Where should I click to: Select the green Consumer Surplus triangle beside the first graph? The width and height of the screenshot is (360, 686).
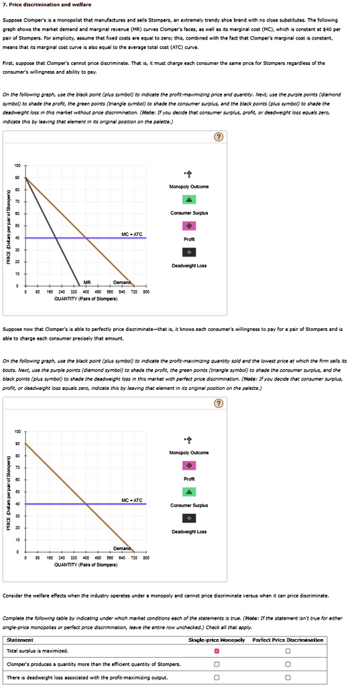190,200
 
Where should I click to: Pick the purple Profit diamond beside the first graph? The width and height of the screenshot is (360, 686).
190,226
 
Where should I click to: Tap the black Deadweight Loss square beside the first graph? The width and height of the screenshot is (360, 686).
190,252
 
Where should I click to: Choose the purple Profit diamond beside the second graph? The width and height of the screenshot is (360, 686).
190,466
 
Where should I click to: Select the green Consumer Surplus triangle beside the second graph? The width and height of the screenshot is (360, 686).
190,492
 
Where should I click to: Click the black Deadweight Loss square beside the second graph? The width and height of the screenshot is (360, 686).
190,518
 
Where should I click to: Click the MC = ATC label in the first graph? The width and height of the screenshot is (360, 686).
131,233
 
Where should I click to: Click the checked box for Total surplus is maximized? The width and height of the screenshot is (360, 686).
216,650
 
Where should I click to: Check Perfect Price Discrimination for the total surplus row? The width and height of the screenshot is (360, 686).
288,650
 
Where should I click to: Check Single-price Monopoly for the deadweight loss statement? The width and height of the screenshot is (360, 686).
216,677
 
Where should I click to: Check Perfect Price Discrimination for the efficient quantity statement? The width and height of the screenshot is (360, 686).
288,664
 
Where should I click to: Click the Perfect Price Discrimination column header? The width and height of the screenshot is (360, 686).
288,640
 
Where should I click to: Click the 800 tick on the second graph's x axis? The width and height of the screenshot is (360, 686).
146,557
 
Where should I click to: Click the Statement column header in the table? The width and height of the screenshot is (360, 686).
19,640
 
